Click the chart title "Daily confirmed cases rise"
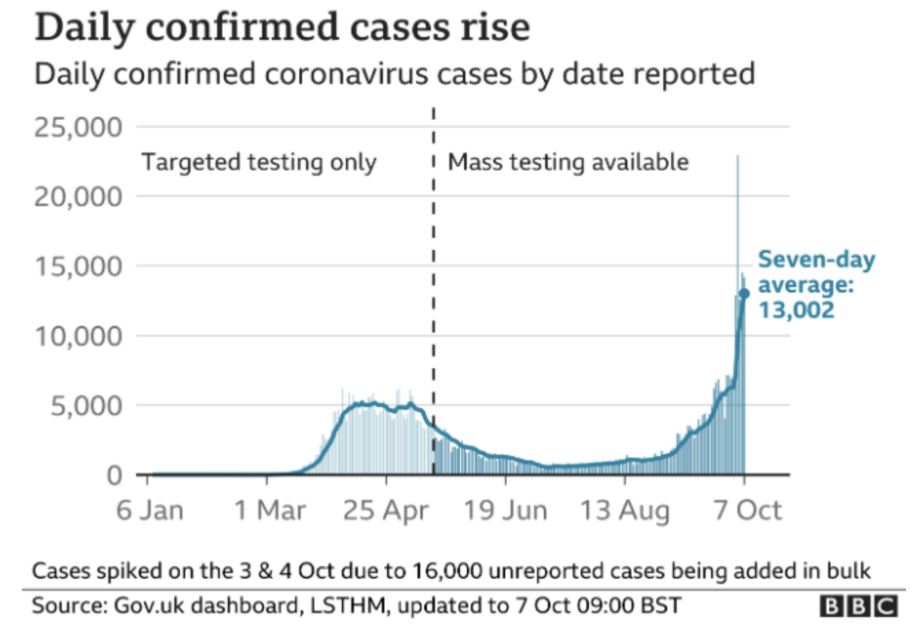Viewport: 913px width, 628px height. pos(282,28)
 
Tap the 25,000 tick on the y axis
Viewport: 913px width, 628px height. pos(78,128)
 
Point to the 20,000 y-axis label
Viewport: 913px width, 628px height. pos(78,197)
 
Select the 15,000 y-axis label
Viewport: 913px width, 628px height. pos(78,267)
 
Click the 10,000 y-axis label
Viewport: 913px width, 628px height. pos(78,337)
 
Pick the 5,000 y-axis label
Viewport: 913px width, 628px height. pos(86,406)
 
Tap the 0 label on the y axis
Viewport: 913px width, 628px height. pos(115,475)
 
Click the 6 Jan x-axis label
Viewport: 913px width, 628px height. pos(150,511)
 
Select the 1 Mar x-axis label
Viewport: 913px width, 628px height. pos(269,511)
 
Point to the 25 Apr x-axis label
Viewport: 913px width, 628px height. pos(386,511)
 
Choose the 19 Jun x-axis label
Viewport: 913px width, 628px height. pos(506,511)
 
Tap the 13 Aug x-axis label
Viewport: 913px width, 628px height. pos(625,511)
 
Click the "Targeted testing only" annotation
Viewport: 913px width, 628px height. pos(259,163)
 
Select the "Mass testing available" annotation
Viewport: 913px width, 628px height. pos(568,163)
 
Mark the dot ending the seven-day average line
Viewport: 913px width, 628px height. pos(743,294)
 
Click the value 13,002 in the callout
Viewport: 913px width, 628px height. pos(796,310)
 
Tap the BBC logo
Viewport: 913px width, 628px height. pos(859,606)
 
